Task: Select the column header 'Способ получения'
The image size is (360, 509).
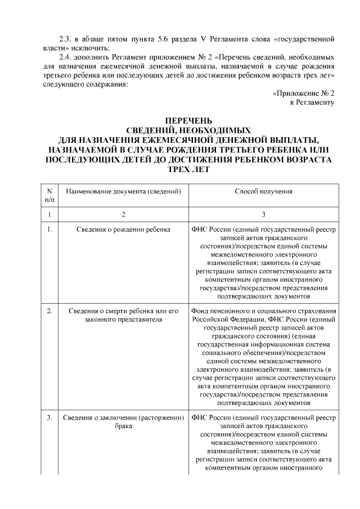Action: point(263,192)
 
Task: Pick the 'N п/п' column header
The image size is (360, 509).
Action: point(49,195)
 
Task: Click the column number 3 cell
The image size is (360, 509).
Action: point(263,214)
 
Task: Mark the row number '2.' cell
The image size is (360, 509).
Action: point(49,311)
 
